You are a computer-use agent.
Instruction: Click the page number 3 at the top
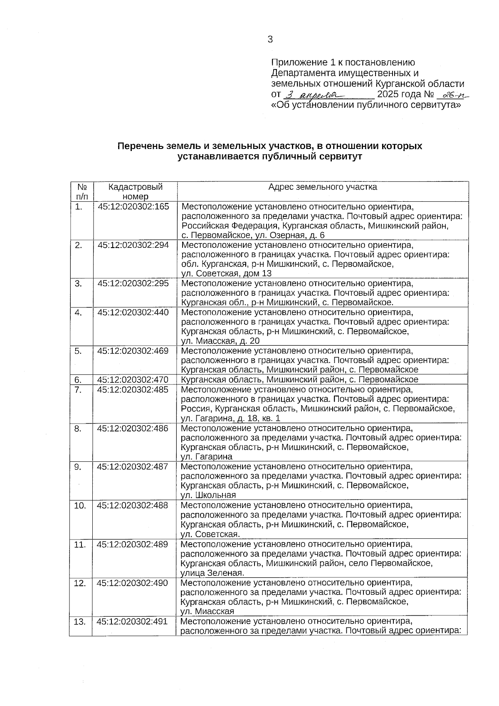270,40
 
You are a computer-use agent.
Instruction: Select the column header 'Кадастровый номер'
135,191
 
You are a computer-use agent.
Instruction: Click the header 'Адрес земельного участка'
322,187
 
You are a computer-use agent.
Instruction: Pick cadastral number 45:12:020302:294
133,245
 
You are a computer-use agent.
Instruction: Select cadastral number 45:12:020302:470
133,379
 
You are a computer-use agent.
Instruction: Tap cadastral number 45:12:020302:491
132,622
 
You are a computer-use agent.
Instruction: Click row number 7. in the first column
78,389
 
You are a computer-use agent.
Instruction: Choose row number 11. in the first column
80,544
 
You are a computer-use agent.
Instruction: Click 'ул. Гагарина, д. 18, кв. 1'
231,418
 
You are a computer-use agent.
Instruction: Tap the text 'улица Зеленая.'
212,573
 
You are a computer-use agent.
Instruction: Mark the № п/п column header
82,191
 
